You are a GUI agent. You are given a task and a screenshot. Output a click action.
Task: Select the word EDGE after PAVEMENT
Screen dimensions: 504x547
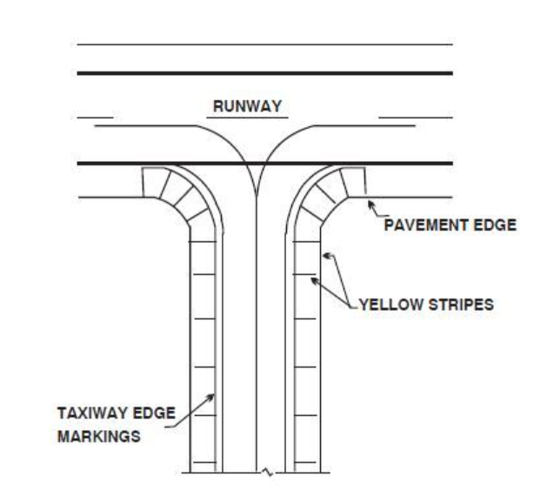[495, 225]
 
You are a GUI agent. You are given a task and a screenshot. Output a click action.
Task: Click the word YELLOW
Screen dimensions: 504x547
[390, 306]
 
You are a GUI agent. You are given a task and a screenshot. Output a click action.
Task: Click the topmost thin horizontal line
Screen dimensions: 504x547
[264, 44]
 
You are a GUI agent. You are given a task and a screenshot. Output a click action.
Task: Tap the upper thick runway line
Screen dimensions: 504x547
[264, 73]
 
